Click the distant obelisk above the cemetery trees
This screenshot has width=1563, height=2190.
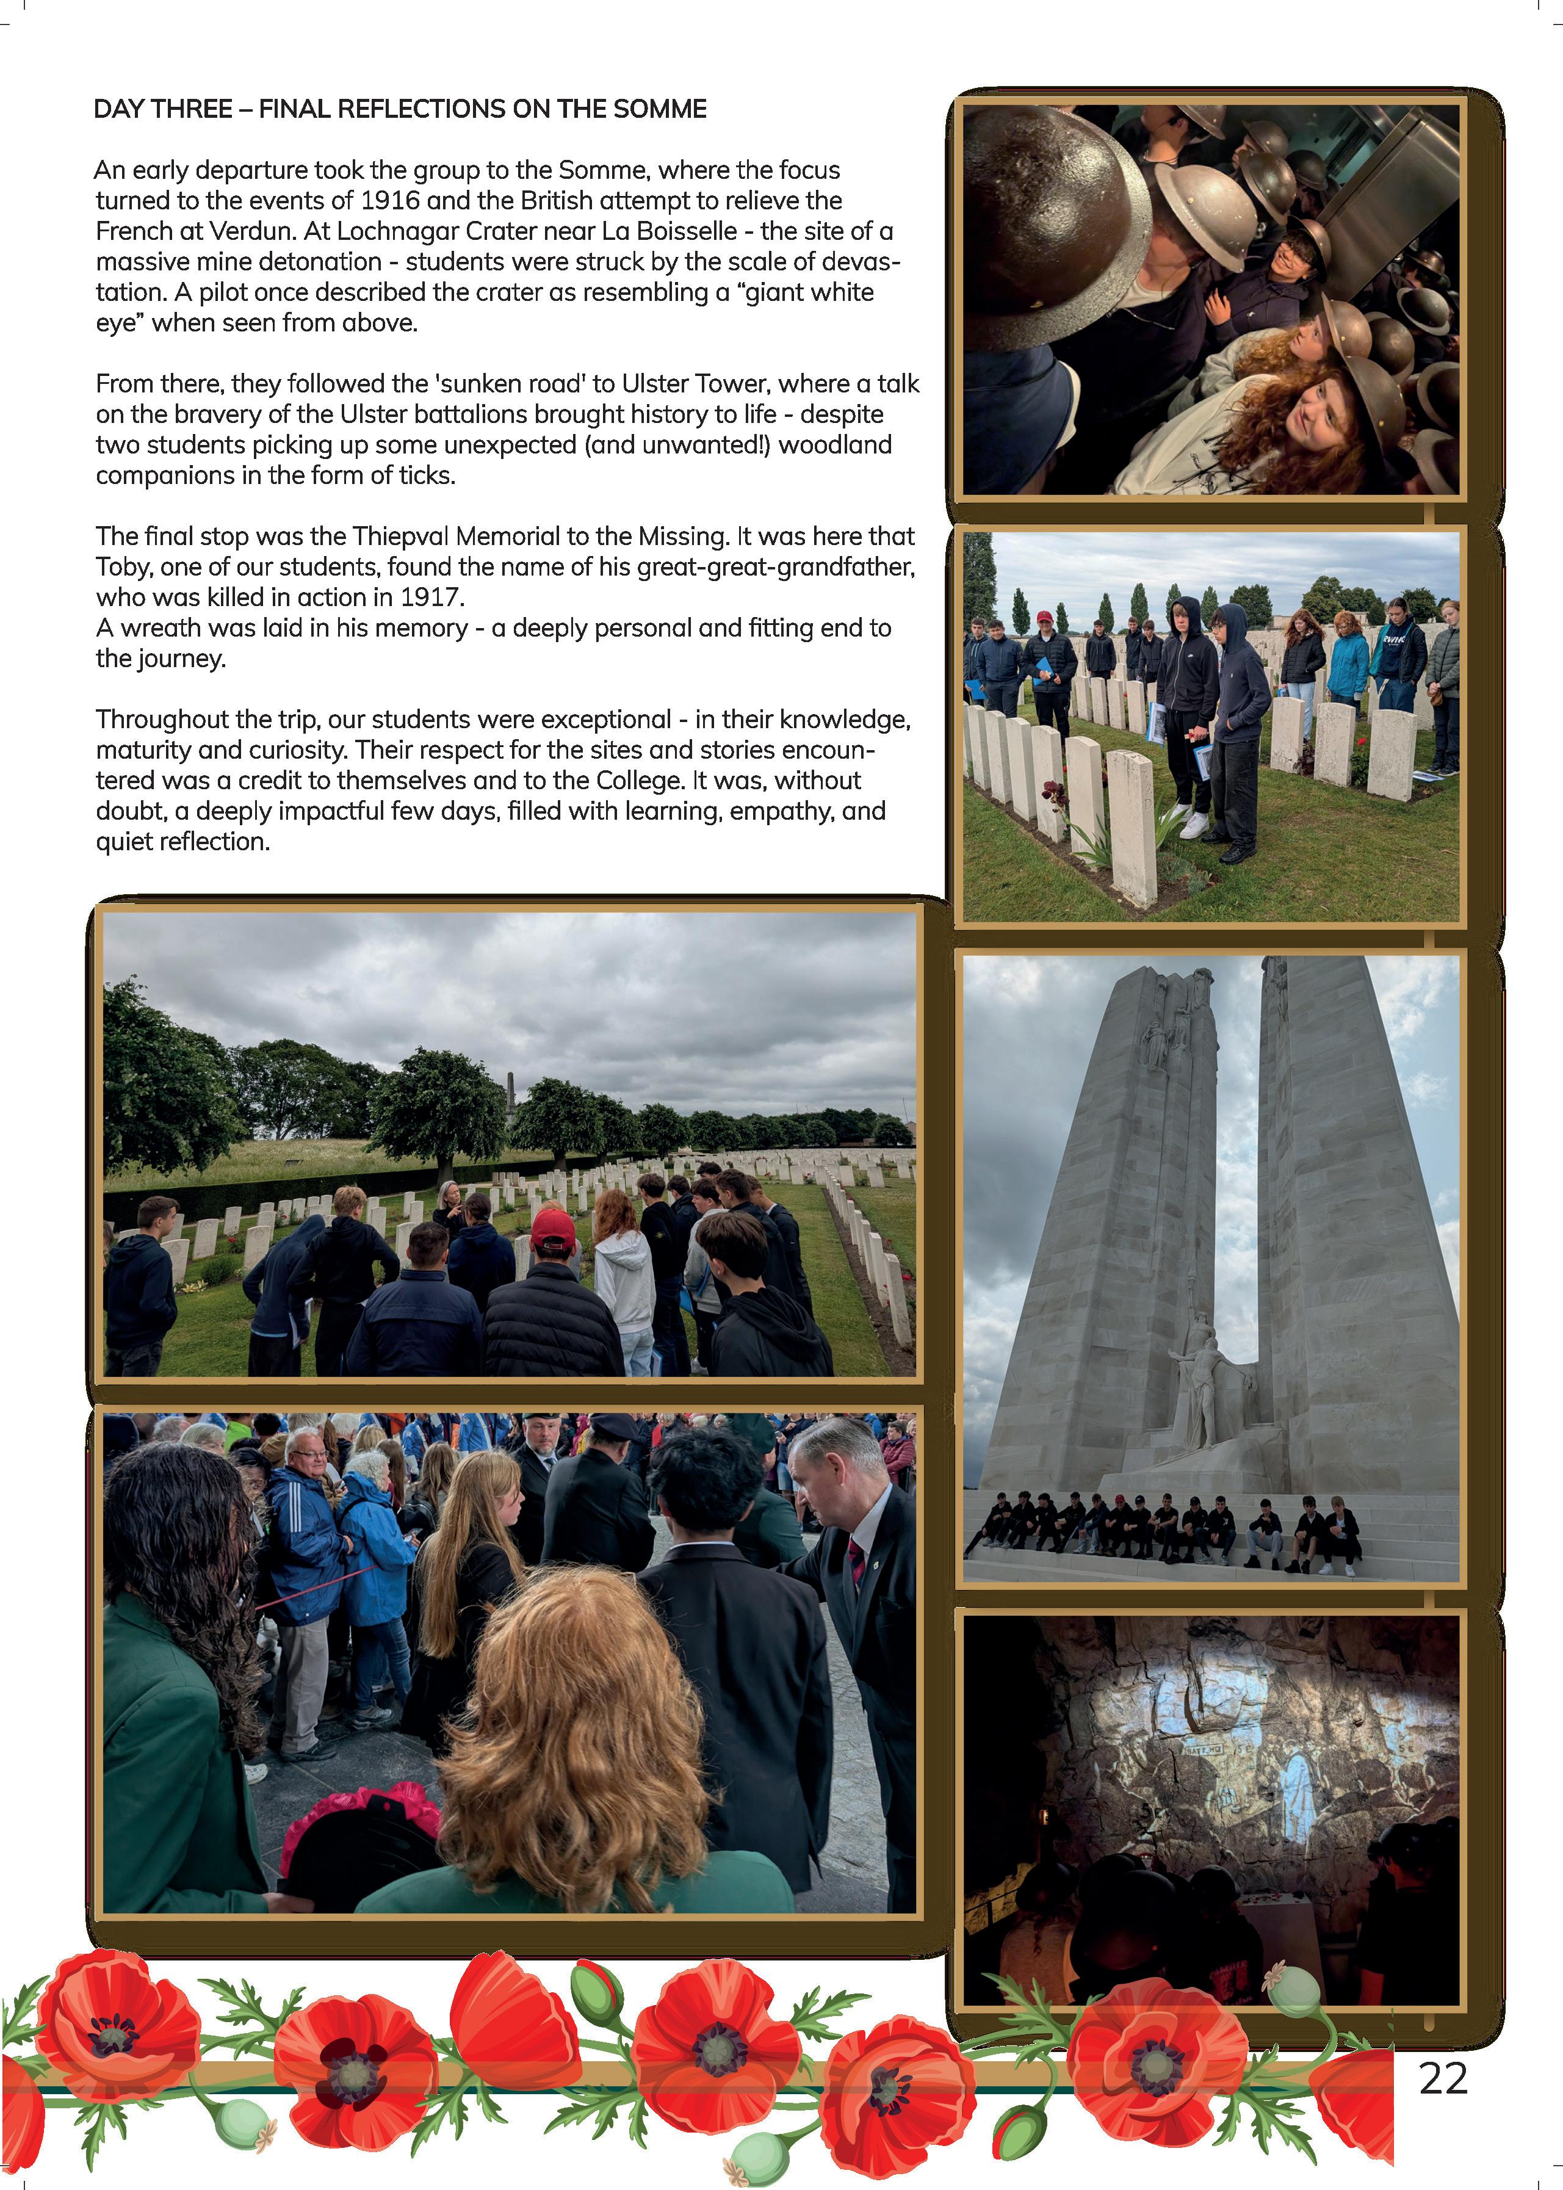pyautogui.click(x=510, y=1093)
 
